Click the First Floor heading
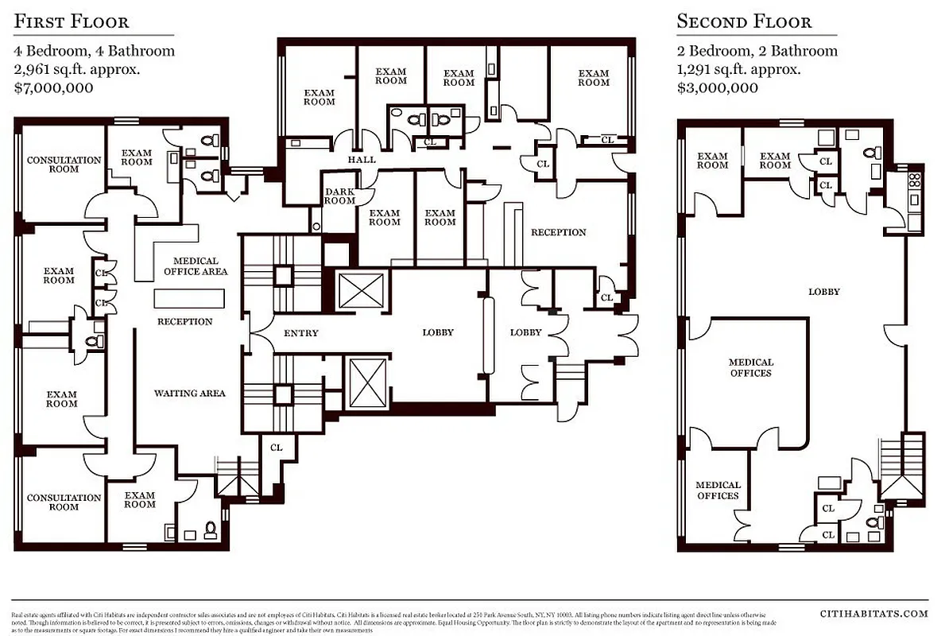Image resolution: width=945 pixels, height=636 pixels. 71,21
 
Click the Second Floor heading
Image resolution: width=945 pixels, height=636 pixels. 744,21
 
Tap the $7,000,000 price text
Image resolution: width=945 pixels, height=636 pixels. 53,87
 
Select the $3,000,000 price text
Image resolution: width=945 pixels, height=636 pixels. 717,87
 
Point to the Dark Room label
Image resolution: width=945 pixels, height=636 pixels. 339,196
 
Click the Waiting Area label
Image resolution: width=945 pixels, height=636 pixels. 189,393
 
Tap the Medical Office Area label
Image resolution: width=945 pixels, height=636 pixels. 196,266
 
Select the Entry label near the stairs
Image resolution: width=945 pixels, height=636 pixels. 300,333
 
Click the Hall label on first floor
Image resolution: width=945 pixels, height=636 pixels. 362,160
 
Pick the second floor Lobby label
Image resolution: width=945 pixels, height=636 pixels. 824,292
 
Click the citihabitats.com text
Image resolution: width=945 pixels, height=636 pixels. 873,613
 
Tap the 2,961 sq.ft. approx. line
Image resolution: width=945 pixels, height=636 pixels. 77,69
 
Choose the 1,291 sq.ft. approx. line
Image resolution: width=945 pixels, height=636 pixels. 738,69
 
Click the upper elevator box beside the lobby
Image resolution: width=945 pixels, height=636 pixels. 360,290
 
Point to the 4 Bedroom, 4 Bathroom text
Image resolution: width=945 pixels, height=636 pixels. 94,51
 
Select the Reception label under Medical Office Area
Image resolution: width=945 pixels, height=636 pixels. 184,322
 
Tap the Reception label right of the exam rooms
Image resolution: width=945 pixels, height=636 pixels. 558,232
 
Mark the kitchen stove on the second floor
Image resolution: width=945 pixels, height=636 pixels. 915,178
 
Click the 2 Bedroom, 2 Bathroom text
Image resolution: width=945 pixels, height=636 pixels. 757,51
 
